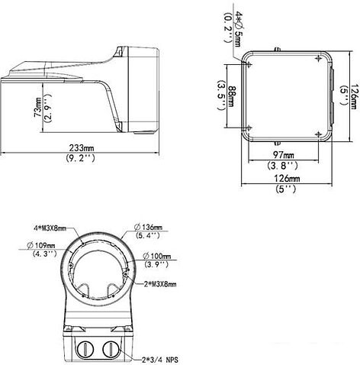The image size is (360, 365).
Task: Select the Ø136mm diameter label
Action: [156, 228]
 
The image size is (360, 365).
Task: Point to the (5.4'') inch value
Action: [156, 237]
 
